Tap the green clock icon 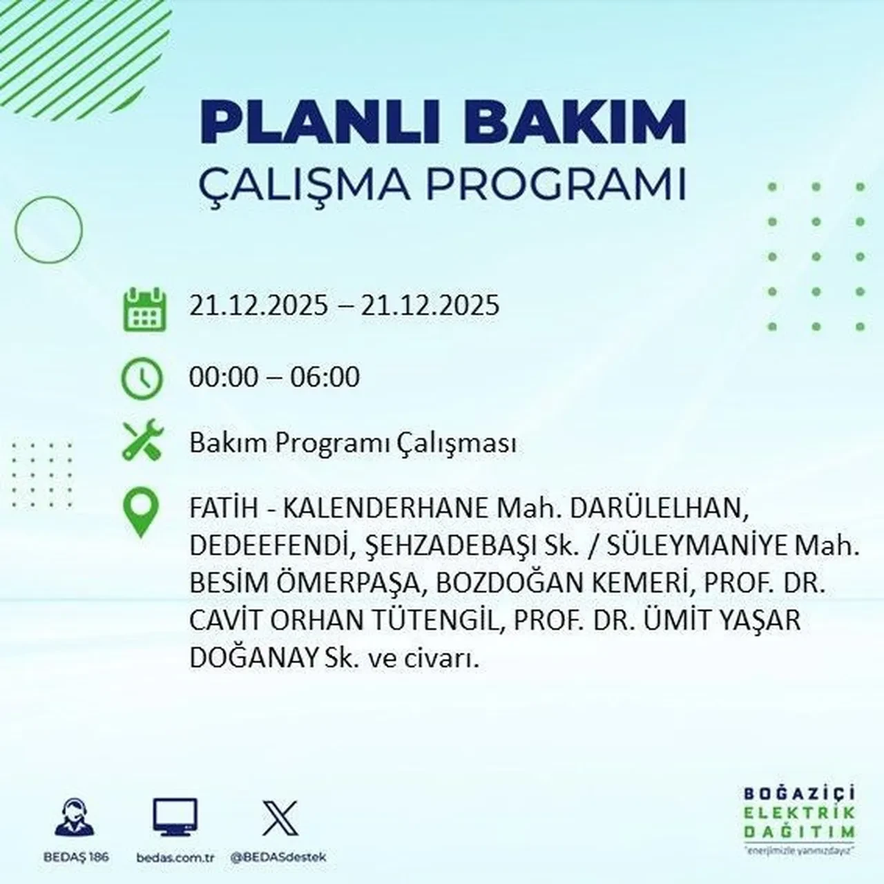(142, 379)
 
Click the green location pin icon (141, 512)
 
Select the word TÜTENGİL (443, 620)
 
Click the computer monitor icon (175, 818)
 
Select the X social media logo (280, 818)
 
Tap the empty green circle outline (48, 230)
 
